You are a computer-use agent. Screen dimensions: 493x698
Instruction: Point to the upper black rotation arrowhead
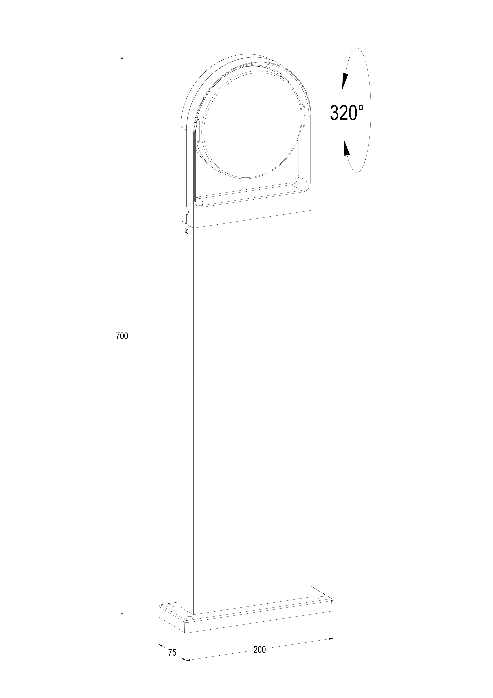[345, 81]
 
